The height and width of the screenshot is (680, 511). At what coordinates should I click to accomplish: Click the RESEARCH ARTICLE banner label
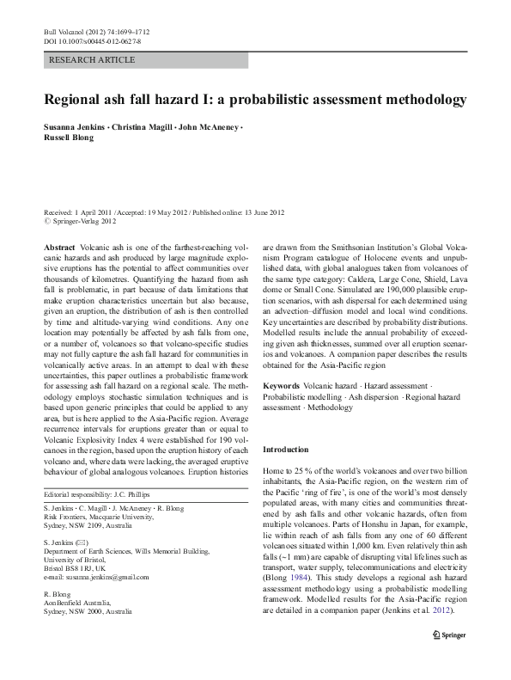point(93,60)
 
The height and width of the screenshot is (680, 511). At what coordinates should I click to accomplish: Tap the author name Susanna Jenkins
point(73,126)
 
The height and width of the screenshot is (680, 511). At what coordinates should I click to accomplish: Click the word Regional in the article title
point(80,99)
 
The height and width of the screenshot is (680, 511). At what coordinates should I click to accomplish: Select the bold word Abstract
point(59,247)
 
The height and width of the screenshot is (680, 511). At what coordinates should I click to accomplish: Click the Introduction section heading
point(284,450)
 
